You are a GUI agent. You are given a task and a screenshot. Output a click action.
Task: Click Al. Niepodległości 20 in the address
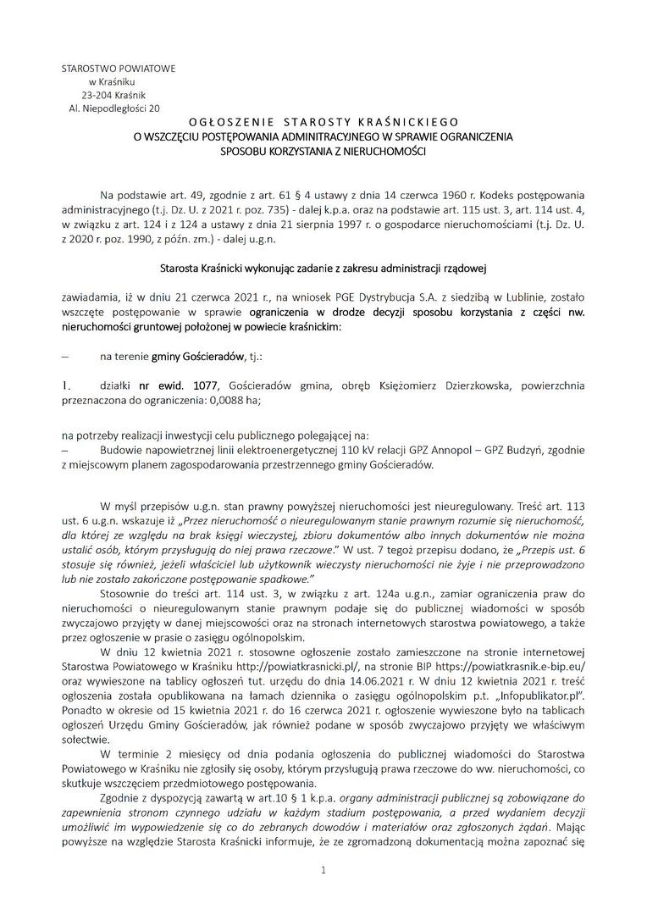click(113, 108)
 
